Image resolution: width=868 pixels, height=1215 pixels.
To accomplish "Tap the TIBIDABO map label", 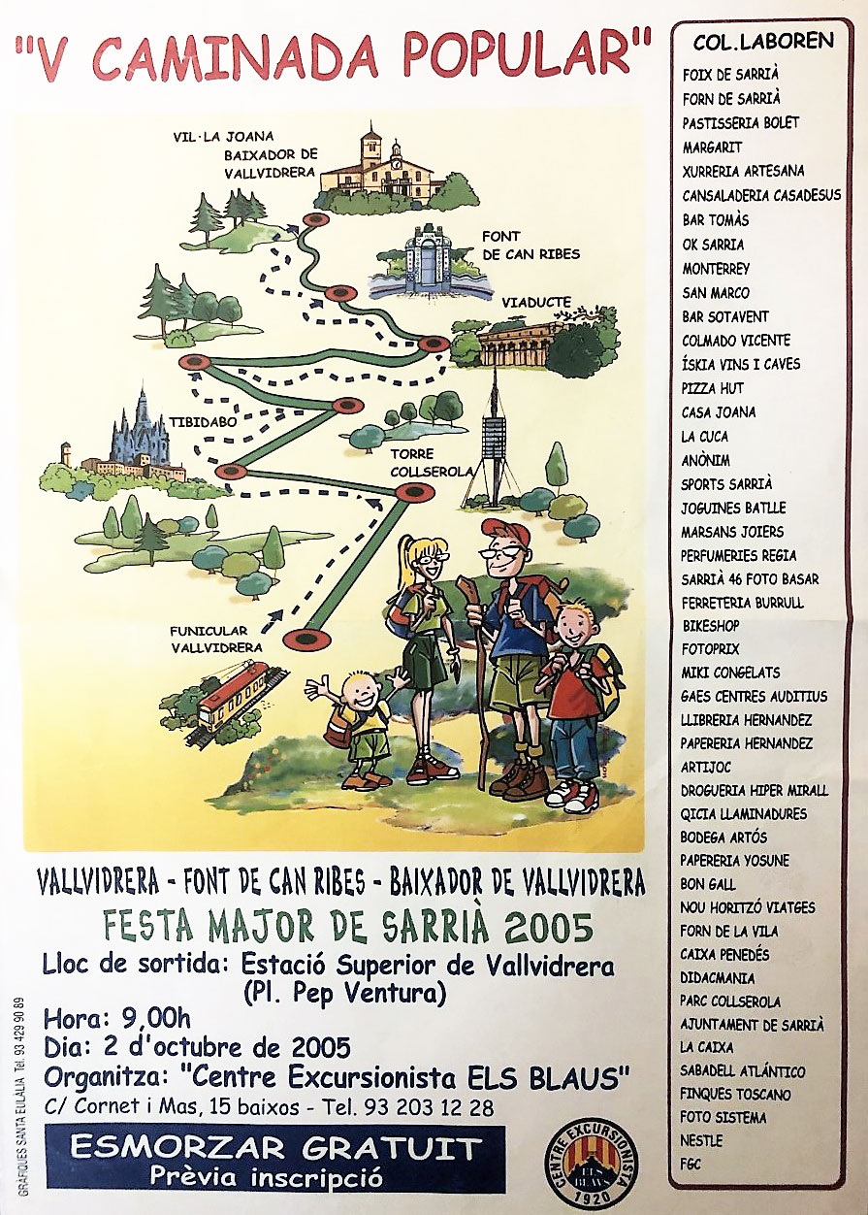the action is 198,424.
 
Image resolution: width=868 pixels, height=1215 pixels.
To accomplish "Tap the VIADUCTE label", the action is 537,302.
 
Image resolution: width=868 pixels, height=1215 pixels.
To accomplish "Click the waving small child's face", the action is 363,692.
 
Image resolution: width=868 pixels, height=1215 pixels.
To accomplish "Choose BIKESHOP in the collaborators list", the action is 711,626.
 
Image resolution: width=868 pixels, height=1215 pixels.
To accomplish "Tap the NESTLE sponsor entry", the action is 701,1141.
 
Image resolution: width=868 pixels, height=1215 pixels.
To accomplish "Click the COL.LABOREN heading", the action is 763,41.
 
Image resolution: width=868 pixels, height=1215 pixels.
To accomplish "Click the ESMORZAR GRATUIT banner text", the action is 275,1149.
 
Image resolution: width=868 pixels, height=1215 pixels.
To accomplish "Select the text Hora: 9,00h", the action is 116,1020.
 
